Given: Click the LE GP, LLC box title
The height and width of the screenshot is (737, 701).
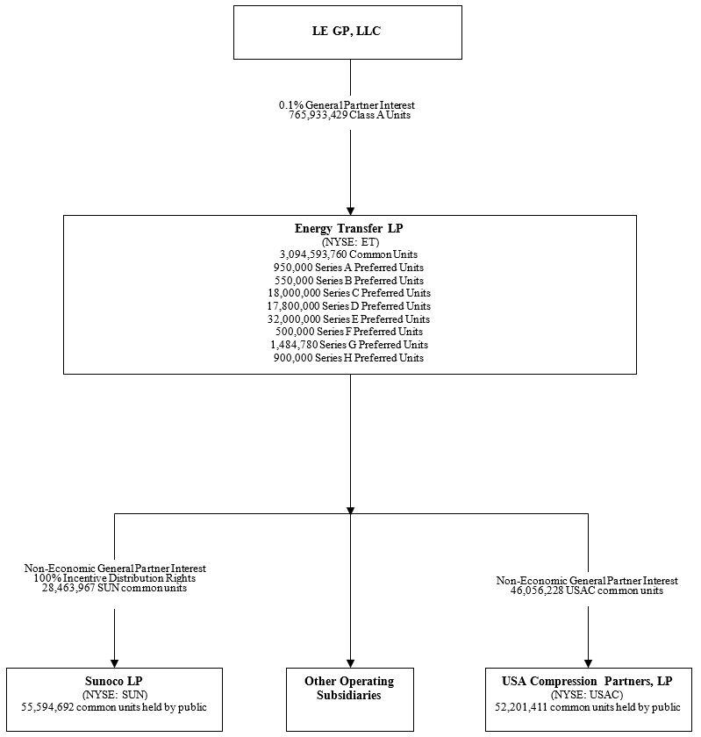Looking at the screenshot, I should [347, 32].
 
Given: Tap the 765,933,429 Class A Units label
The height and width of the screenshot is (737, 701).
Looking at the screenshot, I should [349, 115].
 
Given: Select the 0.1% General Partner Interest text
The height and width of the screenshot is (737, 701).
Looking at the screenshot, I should [347, 105].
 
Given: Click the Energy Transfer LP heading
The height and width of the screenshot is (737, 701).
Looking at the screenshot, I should [349, 229].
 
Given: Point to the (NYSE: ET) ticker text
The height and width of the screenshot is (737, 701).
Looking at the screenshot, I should [349, 242].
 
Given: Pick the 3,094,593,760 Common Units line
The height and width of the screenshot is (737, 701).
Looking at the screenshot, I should [349, 254].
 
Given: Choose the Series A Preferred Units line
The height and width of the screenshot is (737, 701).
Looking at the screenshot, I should [349, 268].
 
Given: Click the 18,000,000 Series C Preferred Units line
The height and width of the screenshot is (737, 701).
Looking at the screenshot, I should [349, 293].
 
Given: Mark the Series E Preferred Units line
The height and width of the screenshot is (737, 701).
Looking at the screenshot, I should [349, 319].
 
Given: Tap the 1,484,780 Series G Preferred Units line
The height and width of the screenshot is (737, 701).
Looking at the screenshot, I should [349, 345].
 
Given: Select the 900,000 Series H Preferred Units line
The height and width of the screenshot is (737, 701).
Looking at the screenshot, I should [349, 358].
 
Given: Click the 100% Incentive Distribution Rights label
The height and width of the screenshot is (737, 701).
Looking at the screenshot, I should [114, 578].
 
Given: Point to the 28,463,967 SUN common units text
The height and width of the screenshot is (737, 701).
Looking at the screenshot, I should [114, 589].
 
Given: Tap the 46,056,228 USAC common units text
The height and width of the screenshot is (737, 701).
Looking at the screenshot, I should [587, 591].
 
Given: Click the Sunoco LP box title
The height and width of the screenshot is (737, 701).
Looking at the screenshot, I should [114, 681].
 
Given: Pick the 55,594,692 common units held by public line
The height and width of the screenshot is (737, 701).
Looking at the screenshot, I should [114, 706].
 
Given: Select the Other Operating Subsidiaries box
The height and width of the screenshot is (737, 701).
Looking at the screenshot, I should [349, 689].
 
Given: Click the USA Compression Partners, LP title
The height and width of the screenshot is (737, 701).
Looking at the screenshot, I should [587, 681].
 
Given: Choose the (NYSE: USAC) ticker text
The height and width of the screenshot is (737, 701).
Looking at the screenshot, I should [587, 694].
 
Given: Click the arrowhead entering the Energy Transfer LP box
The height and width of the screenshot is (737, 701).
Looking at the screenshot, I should [350, 211].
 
